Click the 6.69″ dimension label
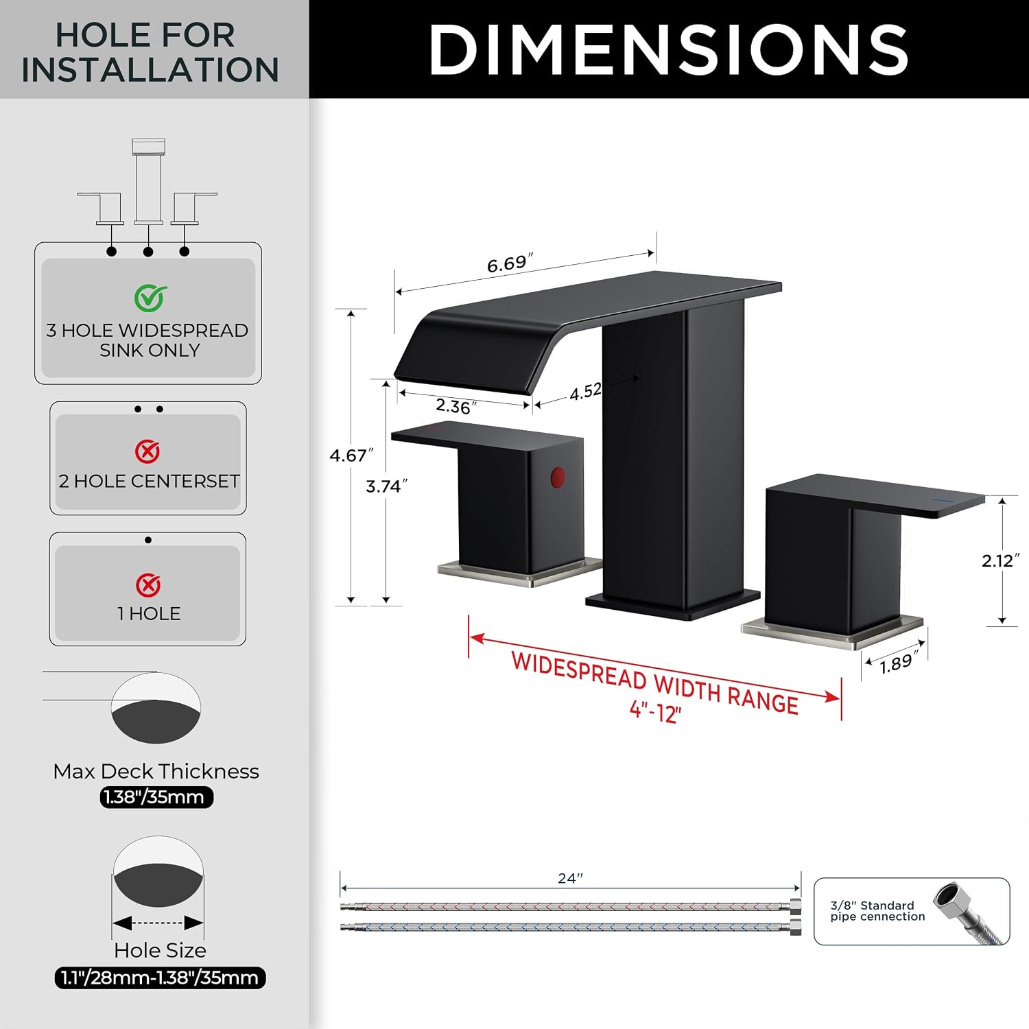click(x=510, y=263)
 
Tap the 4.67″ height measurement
click(x=351, y=455)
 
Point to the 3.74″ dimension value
click(x=386, y=486)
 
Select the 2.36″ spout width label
click(x=456, y=406)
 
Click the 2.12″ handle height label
click(x=1000, y=560)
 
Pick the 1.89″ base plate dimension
click(x=899, y=663)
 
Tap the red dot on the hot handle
click(x=557, y=477)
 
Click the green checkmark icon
click(x=150, y=298)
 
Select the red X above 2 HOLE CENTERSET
click(x=147, y=451)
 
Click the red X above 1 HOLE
click(x=147, y=585)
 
